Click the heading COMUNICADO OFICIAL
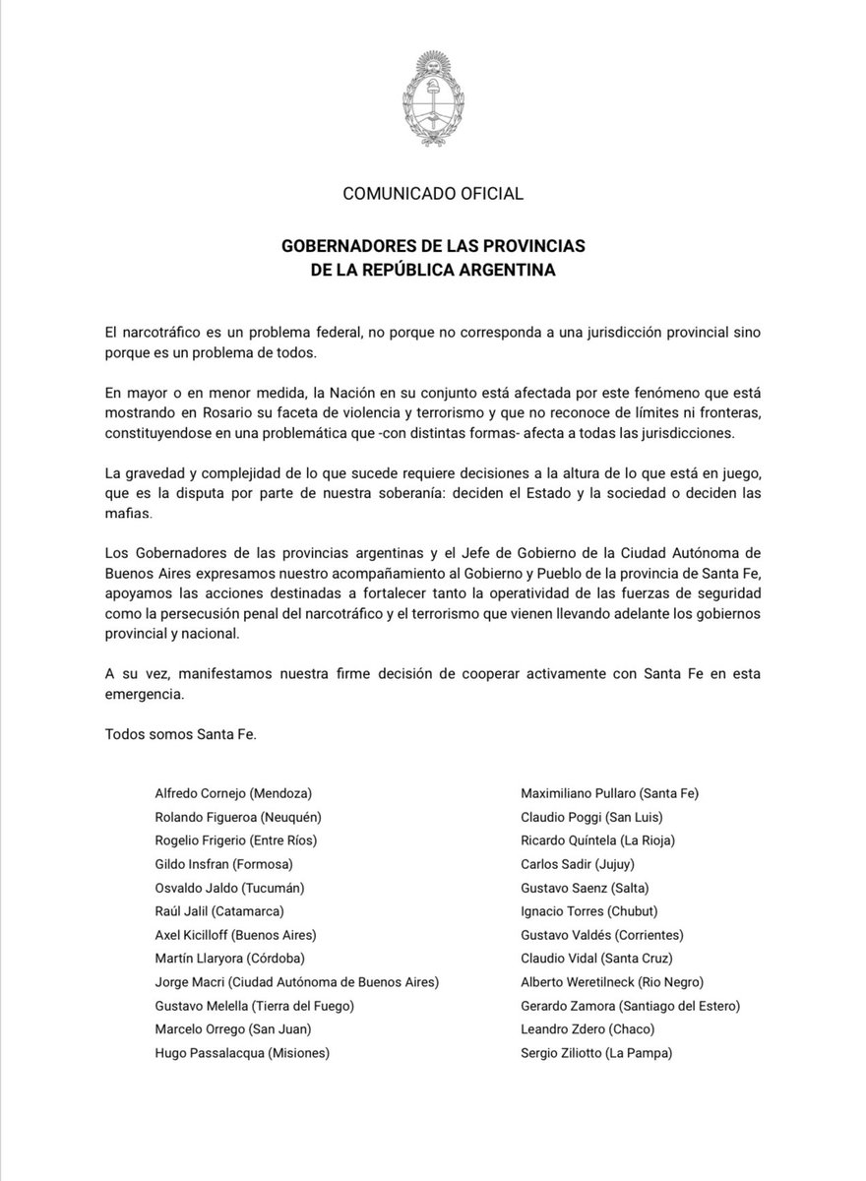[x=433, y=193]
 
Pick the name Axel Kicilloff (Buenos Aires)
[x=236, y=934]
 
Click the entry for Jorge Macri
[x=297, y=981]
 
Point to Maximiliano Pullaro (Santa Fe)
[x=610, y=791]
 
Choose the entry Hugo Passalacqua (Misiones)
[x=242, y=1052]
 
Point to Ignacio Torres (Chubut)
[x=589, y=910]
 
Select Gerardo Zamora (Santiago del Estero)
[x=631, y=1005]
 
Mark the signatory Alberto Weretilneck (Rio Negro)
[x=612, y=981]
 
